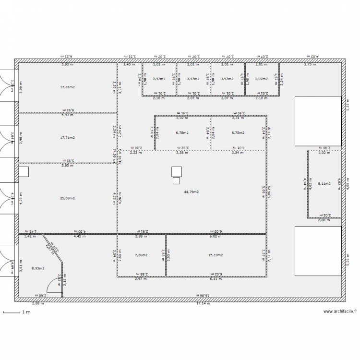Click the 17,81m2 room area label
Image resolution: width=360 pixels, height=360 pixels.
[x=68, y=87]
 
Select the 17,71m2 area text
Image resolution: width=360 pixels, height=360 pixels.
[x=68, y=138]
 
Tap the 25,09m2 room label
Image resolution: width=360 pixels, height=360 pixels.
[x=68, y=198]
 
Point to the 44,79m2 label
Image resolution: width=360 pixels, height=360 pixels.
[x=192, y=192]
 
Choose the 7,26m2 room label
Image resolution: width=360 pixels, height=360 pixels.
[x=142, y=255]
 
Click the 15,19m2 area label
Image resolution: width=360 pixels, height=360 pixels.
[x=216, y=255]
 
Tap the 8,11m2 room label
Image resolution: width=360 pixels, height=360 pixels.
[x=324, y=183]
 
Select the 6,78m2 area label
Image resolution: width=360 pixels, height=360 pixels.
[x=182, y=133]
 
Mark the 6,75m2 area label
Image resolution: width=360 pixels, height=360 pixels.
[x=238, y=133]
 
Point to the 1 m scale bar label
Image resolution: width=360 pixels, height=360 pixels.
[x=26, y=312]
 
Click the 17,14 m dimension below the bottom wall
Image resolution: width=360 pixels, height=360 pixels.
[x=203, y=304]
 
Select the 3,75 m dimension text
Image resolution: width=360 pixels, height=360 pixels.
[x=310, y=64]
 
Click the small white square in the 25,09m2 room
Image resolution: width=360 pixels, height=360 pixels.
[x=24, y=172]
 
